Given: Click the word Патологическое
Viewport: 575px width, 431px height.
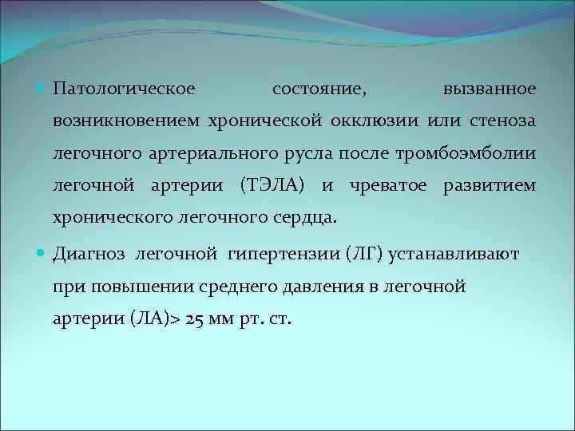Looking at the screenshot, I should click(117, 88).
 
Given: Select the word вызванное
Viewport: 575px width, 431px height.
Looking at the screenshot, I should click(490, 88).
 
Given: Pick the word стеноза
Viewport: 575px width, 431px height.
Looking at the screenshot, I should click(499, 121).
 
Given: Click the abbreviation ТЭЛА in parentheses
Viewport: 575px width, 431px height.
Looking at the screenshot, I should click(272, 185).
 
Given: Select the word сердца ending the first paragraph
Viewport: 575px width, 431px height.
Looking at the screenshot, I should click(309, 217).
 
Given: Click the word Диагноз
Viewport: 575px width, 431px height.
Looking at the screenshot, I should click(89, 255).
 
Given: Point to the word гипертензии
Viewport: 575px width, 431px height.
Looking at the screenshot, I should click(277, 255).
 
